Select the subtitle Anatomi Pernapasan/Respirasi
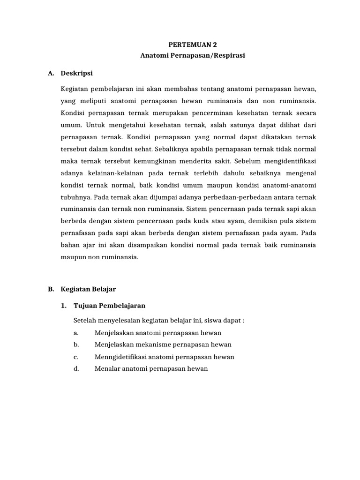click(x=193, y=56)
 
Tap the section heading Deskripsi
click(x=77, y=74)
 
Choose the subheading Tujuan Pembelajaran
click(x=110, y=306)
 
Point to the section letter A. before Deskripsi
click(x=52, y=74)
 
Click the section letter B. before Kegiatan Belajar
click(x=52, y=290)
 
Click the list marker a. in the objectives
click(x=75, y=333)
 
